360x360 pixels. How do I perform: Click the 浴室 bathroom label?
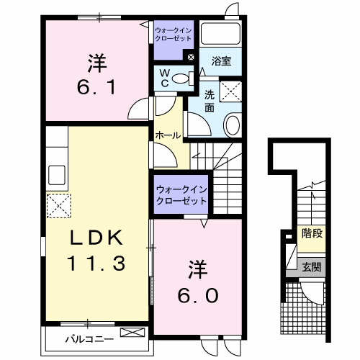click(221, 62)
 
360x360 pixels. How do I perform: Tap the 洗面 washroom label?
click(209, 101)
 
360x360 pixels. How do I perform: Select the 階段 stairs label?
click(311, 233)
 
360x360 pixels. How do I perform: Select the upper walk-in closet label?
click(174, 34)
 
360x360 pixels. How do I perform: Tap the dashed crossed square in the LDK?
click(58, 206)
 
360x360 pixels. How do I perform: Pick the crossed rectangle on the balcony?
click(132, 332)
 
